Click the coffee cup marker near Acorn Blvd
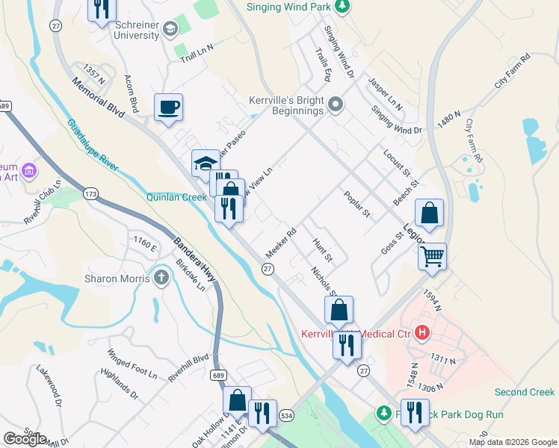click(169, 106)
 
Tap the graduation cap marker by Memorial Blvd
click(206, 163)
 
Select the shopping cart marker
click(432, 256)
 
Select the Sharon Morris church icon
click(162, 279)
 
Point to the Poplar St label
click(357, 204)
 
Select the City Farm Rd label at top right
click(512, 72)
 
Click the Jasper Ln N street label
click(386, 96)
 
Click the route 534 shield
click(285, 414)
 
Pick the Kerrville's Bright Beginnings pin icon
click(336, 105)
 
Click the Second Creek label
click(525, 392)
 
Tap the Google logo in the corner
click(25, 438)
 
